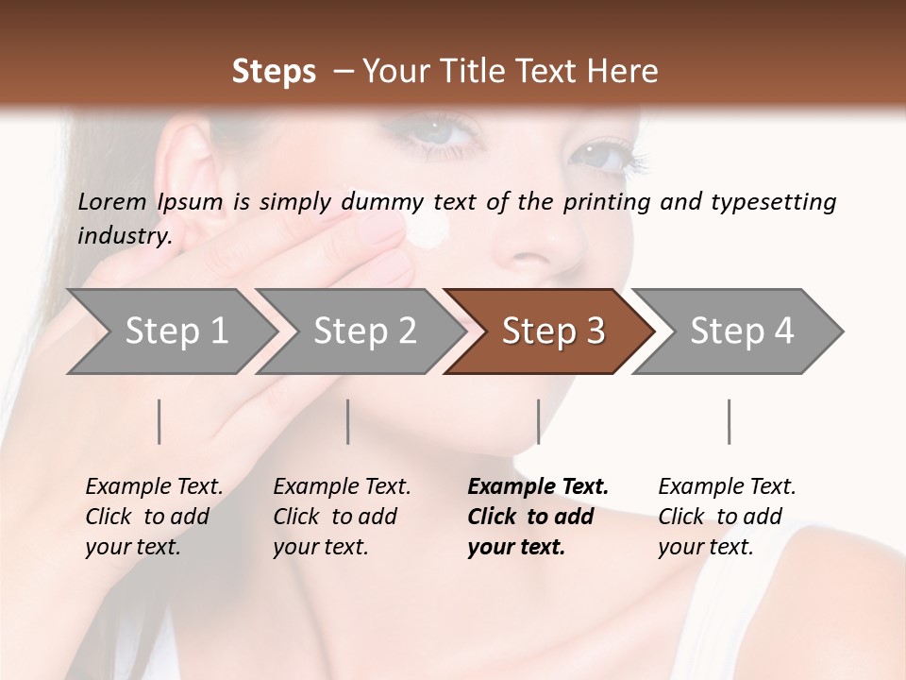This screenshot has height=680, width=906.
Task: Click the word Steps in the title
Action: pyautogui.click(x=274, y=72)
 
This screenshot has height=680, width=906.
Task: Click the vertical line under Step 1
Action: pyautogui.click(x=159, y=421)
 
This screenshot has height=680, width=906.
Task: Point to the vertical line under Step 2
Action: pyautogui.click(x=348, y=421)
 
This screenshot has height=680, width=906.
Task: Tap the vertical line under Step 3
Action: pyautogui.click(x=538, y=421)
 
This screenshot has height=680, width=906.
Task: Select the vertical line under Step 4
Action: pyautogui.click(x=729, y=421)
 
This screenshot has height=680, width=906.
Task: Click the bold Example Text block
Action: pyautogui.click(x=536, y=517)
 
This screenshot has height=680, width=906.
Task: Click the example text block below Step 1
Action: pyautogui.click(x=153, y=517)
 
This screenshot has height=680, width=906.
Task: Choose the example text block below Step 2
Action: pyautogui.click(x=341, y=517)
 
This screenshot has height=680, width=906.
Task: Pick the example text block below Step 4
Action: pyautogui.click(x=726, y=517)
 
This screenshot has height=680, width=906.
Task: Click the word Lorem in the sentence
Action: pyautogui.click(x=112, y=201)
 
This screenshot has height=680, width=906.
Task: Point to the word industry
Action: pyautogui.click(x=124, y=235)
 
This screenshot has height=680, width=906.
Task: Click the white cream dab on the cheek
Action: pyautogui.click(x=430, y=228)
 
